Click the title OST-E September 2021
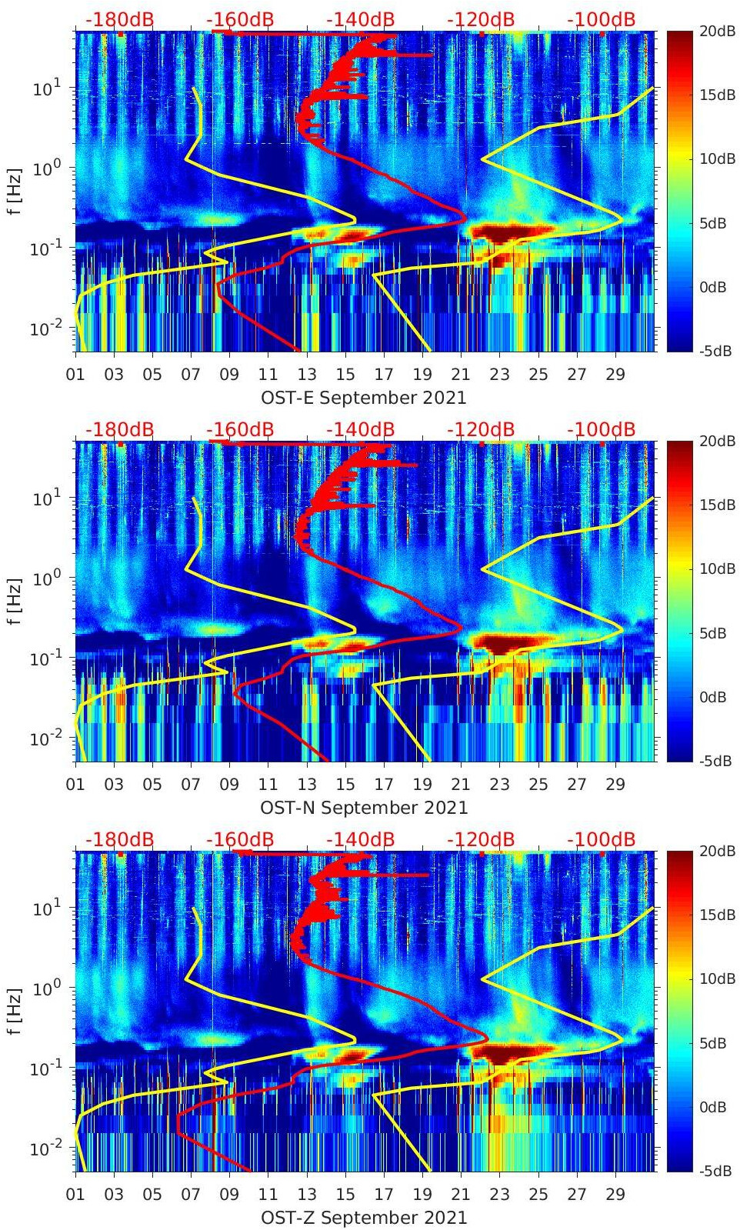coord(363,398)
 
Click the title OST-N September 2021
coord(363,808)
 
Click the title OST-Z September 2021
coord(363,1218)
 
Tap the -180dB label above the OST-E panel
coord(119,19)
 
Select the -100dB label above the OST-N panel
coord(601,429)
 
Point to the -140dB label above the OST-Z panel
coord(360,839)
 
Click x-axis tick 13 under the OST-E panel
coord(307,375)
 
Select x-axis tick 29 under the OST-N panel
coord(615,785)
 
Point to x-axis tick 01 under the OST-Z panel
coord(75,1195)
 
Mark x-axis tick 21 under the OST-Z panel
coord(461,1195)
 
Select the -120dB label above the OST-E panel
coord(481,19)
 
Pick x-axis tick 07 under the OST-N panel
coord(191,785)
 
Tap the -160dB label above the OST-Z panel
coord(240,839)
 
